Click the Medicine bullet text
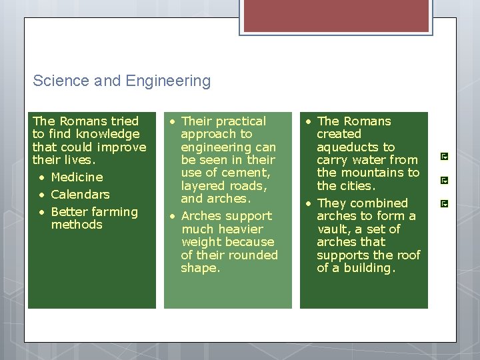pyautogui.click(x=77, y=177)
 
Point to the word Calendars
pyautogui.click(x=80, y=195)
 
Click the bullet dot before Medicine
pyautogui.click(x=41, y=178)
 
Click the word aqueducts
pyautogui.click(x=355, y=147)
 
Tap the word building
pyautogui.click(x=369, y=269)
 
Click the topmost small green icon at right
pyautogui.click(x=445, y=157)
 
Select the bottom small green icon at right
pyautogui.click(x=445, y=203)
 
